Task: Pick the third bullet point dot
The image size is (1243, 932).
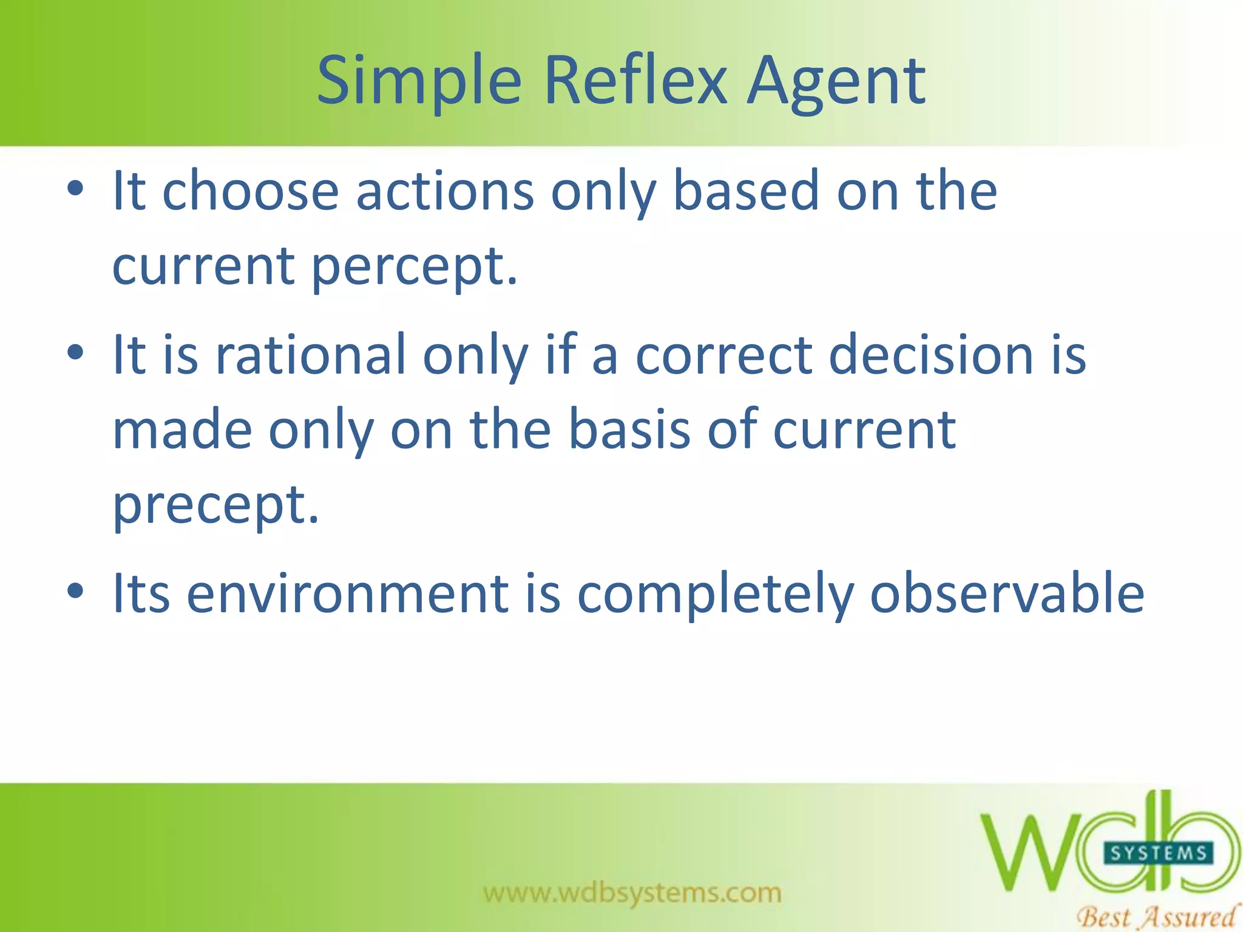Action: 75,591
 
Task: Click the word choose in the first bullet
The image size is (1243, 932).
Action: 250,192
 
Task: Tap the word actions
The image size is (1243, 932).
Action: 444,192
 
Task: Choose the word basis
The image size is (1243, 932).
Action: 629,430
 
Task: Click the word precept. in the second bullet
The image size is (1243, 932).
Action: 215,505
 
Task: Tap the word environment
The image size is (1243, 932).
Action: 347,593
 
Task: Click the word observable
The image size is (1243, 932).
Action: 1008,593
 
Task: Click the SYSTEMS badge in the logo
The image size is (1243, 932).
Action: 1158,854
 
